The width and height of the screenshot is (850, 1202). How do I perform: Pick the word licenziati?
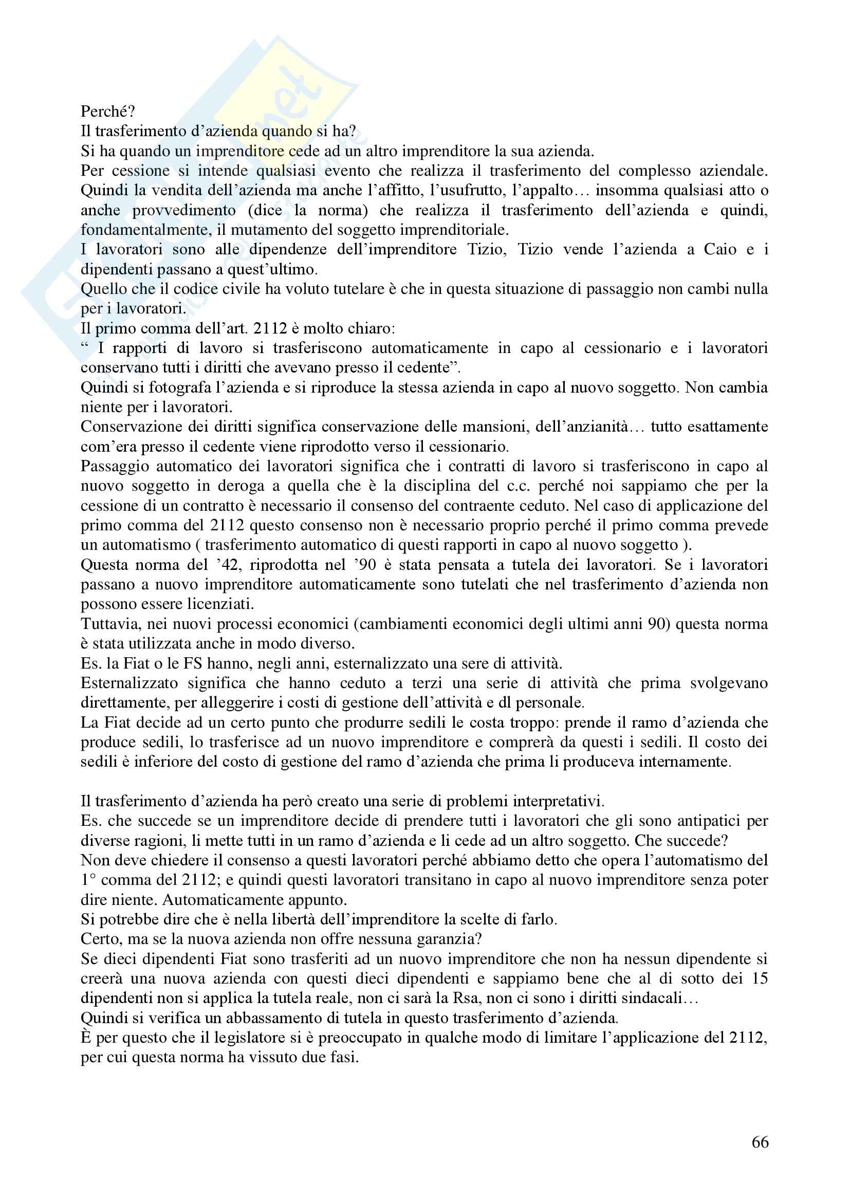[x=221, y=605]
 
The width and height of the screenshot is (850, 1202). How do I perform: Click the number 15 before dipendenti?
[x=759, y=978]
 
